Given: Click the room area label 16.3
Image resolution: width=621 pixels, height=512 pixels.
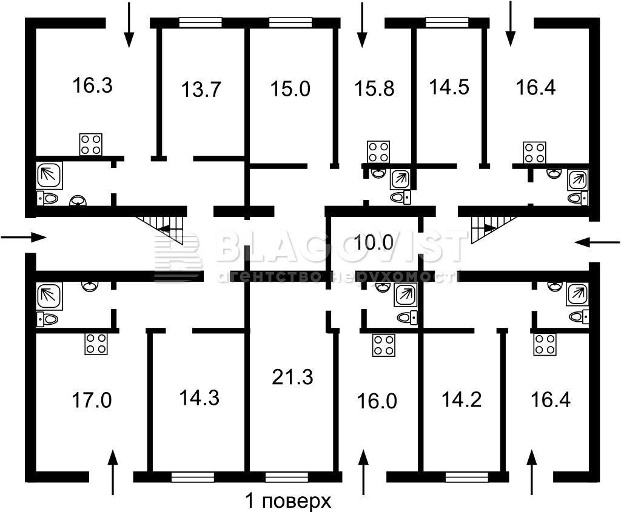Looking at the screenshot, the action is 92,85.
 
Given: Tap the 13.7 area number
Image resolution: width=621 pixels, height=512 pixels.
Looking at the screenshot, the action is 201,89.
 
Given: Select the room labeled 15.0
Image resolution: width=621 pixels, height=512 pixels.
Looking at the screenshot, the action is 290,88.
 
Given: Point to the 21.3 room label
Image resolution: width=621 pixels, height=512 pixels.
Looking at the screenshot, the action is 292,377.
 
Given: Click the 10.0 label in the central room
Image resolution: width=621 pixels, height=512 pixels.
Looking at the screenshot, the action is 374,242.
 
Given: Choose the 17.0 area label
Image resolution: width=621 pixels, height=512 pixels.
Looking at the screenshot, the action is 92,400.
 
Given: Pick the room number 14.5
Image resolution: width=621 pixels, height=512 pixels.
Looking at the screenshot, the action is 449,87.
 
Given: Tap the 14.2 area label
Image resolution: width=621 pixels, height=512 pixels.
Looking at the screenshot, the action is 462,400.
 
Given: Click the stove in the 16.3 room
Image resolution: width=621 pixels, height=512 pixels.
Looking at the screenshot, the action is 91,144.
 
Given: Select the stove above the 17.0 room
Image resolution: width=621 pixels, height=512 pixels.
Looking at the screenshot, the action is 96,344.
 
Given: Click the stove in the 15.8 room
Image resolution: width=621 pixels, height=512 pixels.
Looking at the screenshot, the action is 378,152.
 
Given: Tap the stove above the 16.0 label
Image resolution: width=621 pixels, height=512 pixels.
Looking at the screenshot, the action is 384,345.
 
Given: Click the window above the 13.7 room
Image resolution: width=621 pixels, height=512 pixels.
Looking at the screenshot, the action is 200,22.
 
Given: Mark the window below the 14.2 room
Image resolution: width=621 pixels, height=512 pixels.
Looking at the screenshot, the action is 466,477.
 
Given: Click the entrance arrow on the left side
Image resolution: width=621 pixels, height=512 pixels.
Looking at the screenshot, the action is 24,238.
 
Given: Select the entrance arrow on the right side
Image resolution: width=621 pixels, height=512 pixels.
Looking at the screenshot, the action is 597,242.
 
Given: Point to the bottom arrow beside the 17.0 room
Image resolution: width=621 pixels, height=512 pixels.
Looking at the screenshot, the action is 113,472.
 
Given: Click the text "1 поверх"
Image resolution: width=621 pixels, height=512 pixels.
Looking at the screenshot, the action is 288,502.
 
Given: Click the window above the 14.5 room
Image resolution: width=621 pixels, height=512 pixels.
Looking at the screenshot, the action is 447,22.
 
